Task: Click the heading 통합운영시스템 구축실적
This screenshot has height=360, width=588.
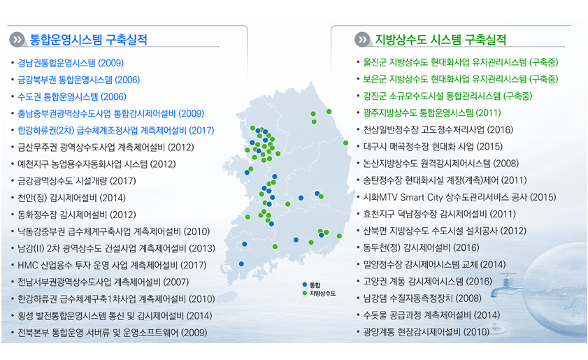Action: click(x=88, y=40)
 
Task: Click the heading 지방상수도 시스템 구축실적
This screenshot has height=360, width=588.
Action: click(x=440, y=39)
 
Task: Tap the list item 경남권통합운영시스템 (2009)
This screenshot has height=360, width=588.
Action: click(x=71, y=63)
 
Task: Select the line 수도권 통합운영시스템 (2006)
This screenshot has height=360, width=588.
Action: click(x=71, y=96)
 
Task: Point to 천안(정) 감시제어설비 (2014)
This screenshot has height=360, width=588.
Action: click(x=71, y=198)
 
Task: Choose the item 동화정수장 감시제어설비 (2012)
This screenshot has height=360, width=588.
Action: click(x=77, y=215)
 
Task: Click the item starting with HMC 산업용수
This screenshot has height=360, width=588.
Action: click(x=112, y=266)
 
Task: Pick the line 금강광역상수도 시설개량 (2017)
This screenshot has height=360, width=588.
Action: click(x=77, y=181)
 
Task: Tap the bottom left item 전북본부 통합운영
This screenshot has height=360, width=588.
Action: click(x=113, y=333)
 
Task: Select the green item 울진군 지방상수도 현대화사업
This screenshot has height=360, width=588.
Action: click(x=461, y=62)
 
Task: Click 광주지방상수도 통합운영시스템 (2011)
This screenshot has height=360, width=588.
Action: click(x=432, y=113)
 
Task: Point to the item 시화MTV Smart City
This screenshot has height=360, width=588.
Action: click(x=459, y=197)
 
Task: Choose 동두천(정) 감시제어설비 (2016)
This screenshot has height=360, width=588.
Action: click(x=421, y=248)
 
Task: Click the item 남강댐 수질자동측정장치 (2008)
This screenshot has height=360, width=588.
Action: click(x=422, y=298)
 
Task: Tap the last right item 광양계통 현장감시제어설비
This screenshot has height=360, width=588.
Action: click(x=426, y=332)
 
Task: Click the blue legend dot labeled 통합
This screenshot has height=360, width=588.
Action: click(x=305, y=285)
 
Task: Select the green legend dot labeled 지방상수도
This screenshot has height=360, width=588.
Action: click(x=305, y=294)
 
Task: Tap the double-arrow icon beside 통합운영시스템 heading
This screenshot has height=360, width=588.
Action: click(x=17, y=40)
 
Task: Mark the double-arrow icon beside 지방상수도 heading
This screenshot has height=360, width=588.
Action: click(x=362, y=39)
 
